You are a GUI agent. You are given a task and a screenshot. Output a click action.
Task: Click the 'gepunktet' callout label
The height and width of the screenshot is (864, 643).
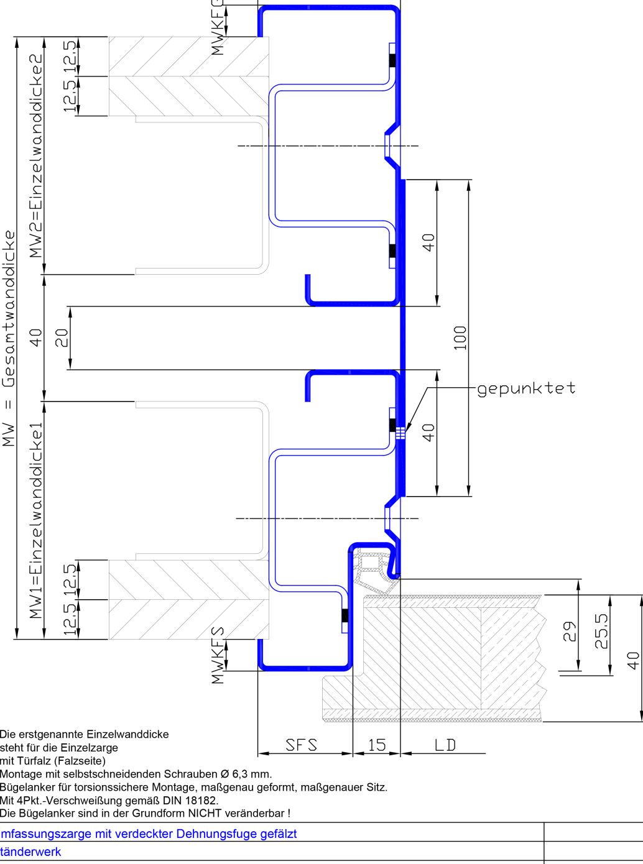tap(526, 388)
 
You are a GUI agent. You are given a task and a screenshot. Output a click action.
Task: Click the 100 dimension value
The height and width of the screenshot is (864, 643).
tap(460, 338)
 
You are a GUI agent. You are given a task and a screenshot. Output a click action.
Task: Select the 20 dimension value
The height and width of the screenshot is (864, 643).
tap(62, 338)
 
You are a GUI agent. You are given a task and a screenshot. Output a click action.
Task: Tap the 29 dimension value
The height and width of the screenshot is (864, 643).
tap(570, 632)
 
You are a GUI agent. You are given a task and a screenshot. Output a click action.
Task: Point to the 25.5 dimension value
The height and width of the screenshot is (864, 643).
tap(601, 632)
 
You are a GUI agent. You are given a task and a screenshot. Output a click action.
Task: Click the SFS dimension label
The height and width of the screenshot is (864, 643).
tap(301, 745)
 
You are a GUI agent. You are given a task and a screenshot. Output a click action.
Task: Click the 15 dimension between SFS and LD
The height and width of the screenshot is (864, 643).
tap(376, 745)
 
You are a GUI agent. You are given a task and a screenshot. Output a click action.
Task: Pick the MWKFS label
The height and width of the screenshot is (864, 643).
tap(218, 655)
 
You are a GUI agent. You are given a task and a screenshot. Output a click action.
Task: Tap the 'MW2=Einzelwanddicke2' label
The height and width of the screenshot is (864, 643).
tap(37, 155)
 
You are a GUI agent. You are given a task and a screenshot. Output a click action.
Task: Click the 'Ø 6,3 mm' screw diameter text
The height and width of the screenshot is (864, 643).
tap(246, 774)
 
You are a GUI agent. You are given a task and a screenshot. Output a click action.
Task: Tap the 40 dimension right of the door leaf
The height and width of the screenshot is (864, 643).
tap(632, 659)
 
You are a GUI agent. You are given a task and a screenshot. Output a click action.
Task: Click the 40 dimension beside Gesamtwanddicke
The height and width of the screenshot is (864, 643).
tap(37, 338)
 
